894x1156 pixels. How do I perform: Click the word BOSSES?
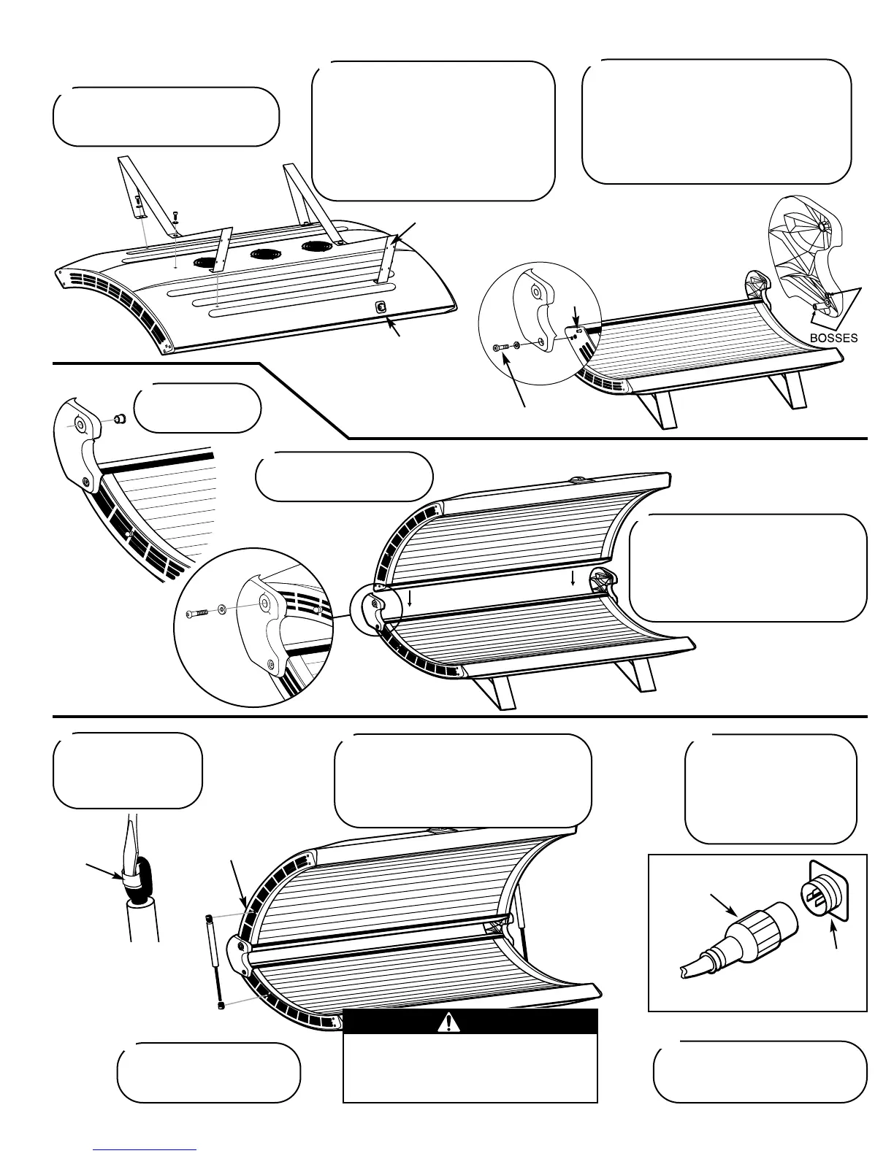click(833, 339)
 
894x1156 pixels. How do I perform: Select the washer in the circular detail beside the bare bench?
click(518, 344)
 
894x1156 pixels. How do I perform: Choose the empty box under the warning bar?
click(470, 1068)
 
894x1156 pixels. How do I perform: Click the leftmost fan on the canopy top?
click(205, 263)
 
